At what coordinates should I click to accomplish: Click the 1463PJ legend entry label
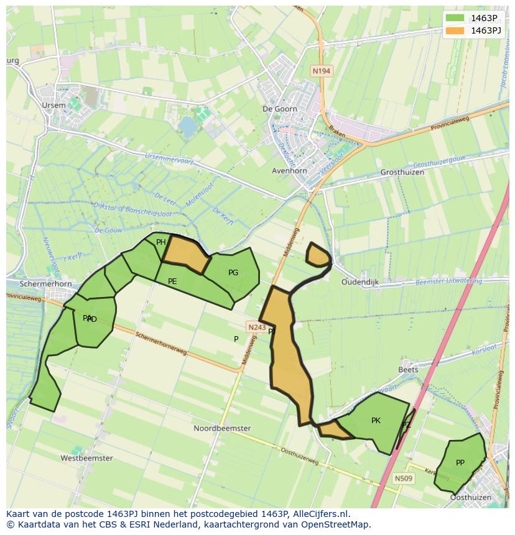[x=486, y=30]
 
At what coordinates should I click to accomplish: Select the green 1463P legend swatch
[x=455, y=17]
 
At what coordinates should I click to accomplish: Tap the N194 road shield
[x=321, y=71]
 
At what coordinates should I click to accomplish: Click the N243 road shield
[x=256, y=327]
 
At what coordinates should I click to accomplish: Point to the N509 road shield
[x=403, y=478]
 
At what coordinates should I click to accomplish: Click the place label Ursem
[x=53, y=106]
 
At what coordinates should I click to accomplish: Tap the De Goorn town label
[x=280, y=109]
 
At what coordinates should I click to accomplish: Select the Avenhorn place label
[x=289, y=171]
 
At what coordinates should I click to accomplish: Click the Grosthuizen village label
[x=402, y=172]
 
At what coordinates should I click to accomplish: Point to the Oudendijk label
[x=360, y=282]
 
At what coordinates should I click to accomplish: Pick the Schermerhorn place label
[x=46, y=284]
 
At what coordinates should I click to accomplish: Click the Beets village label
[x=408, y=370]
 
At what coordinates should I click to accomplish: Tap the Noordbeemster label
[x=222, y=429]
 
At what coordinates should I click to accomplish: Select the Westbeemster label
[x=86, y=459]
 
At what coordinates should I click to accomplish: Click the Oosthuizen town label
[x=470, y=498]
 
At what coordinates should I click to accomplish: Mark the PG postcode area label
[x=233, y=273]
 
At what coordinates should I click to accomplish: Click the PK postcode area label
[x=376, y=421]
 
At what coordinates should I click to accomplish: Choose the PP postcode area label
[x=460, y=463]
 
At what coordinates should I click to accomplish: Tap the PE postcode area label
[x=172, y=281]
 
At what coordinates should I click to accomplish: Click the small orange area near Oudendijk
[x=318, y=255]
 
